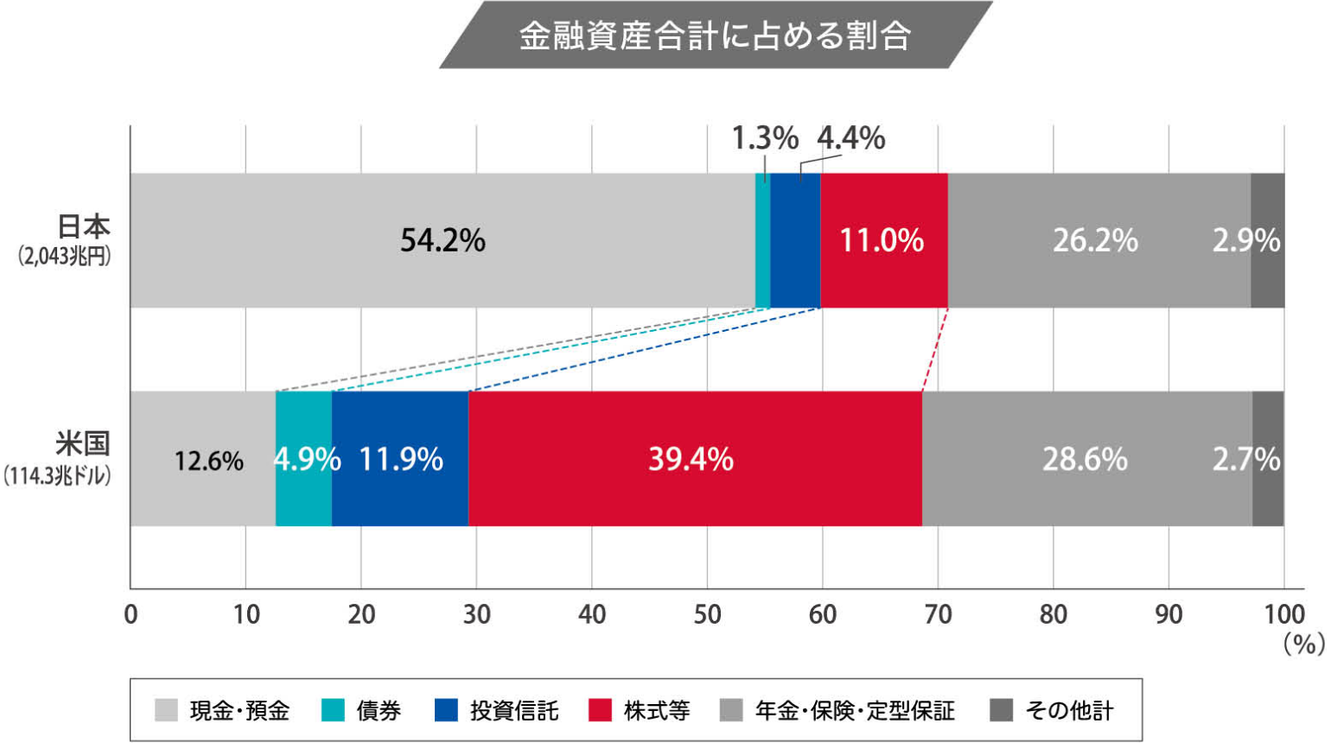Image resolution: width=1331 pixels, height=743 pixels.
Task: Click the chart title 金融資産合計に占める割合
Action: coord(715,35)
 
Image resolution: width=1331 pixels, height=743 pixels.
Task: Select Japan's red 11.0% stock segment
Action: coord(883,240)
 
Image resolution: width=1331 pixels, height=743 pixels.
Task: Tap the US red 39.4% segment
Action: coord(694,459)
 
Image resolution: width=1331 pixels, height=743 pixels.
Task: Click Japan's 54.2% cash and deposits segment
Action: coord(443,240)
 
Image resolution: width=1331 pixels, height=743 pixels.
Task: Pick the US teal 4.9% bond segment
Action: coord(304,459)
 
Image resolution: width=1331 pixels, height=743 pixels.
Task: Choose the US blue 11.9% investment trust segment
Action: coord(400,459)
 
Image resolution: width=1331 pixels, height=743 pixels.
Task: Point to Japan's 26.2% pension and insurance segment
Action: coord(1096,240)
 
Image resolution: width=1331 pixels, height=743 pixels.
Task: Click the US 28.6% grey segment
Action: coord(1085,459)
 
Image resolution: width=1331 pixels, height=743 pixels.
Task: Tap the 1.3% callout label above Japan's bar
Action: coord(764,138)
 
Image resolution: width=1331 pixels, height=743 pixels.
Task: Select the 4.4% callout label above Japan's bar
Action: coord(851,138)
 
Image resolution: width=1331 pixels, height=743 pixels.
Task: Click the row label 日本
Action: coord(84,226)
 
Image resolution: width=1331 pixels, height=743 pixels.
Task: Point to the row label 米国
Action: coord(83,443)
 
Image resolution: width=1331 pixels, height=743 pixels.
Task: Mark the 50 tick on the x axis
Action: coord(707,614)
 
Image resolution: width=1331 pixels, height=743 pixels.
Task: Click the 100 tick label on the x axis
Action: coord(1284,614)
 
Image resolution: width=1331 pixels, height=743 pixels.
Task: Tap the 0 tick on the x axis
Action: coord(131,614)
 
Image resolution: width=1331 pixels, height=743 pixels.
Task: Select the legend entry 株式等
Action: coord(657,711)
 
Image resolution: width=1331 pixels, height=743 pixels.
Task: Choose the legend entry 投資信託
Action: coord(514,711)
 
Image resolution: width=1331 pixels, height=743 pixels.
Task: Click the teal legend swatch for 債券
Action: coord(333,710)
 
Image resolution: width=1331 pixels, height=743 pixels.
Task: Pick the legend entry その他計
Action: coord(1069,711)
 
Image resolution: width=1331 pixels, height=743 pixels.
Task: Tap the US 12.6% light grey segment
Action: coord(208,460)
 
